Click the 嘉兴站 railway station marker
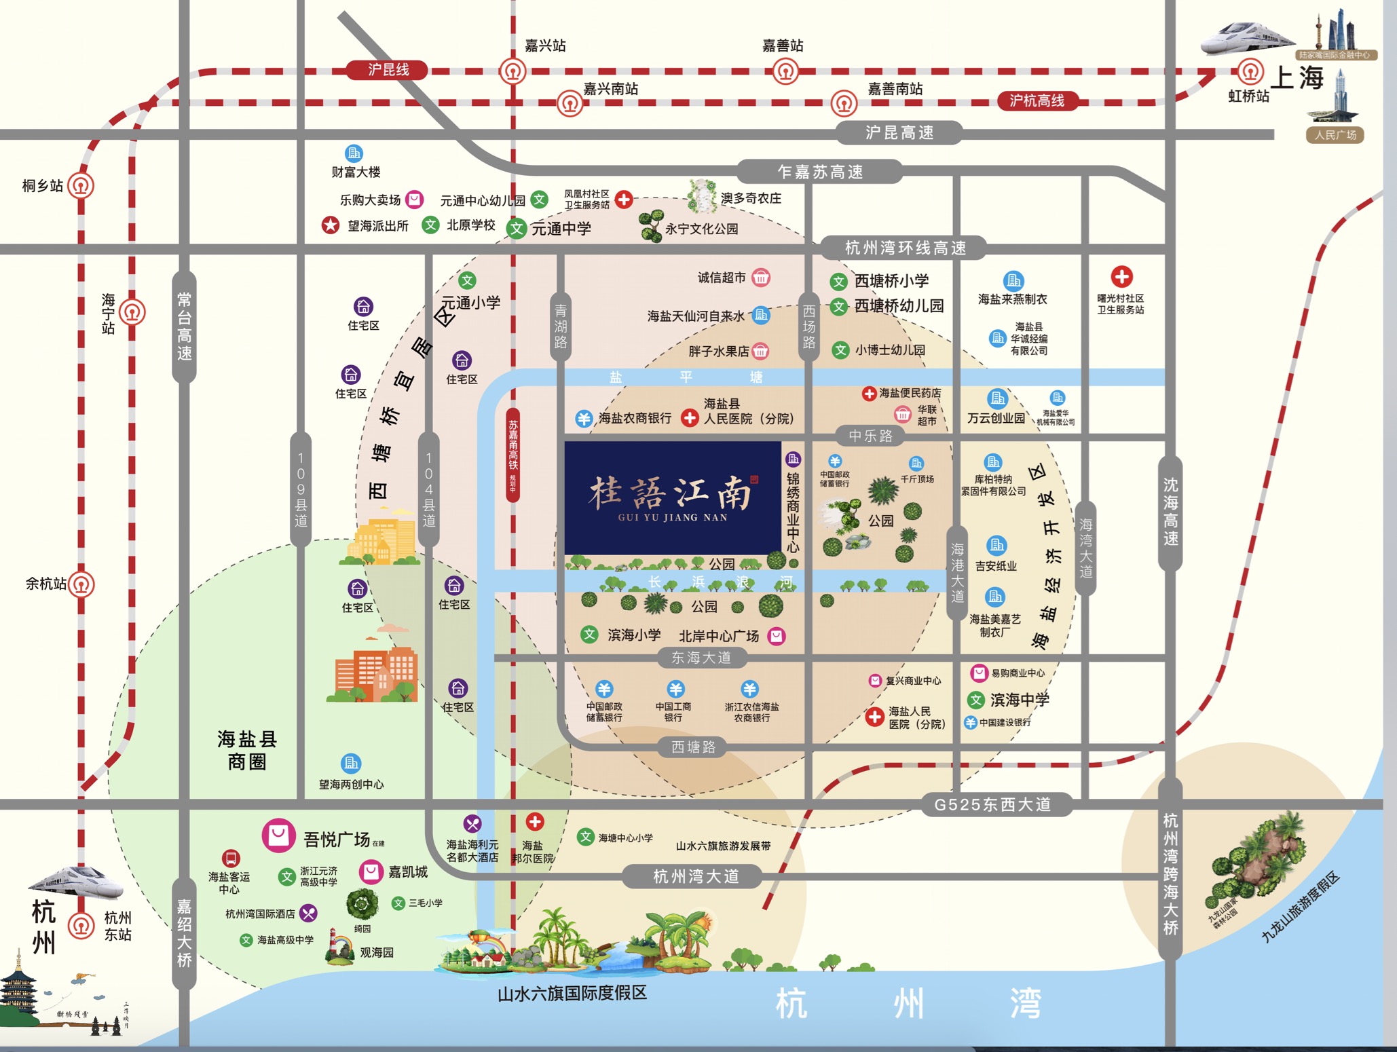pos(513,71)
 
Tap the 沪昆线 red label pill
pos(388,70)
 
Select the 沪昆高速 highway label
pos(899,133)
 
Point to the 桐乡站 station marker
pos(81,185)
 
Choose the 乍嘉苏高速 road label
pos(820,172)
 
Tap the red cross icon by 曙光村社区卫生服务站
pos(1121,277)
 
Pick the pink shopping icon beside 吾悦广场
pos(278,835)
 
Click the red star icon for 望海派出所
pos(331,225)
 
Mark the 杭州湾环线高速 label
pos(905,248)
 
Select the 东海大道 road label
pos(701,657)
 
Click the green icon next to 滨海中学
pos(976,700)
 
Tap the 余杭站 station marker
pos(81,584)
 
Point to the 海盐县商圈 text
pos(247,750)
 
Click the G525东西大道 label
pos(992,805)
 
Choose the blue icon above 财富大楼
pos(354,153)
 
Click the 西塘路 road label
pos(693,747)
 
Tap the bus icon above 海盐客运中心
pos(231,859)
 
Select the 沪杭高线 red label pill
pos(1037,101)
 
